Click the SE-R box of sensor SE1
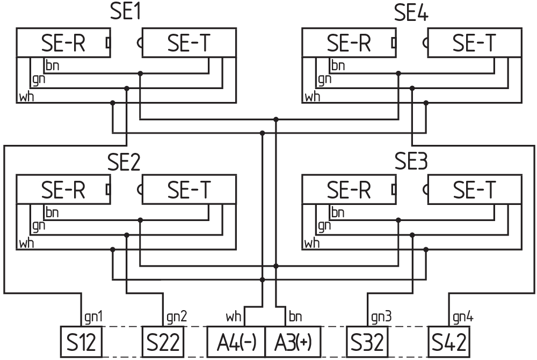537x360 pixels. click(x=63, y=43)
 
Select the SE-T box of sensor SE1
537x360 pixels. click(x=188, y=43)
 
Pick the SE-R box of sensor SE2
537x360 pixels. click(x=63, y=189)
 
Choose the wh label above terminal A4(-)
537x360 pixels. click(x=234, y=317)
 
